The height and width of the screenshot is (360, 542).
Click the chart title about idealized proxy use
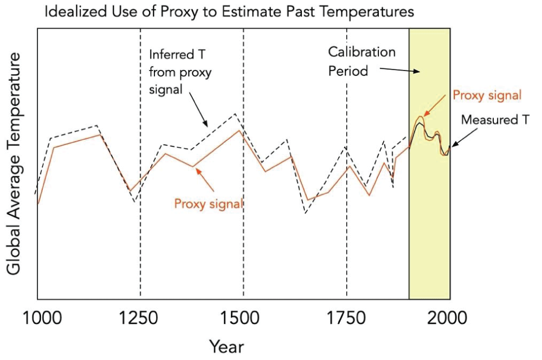point(229,12)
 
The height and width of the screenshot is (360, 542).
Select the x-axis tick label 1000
point(37,318)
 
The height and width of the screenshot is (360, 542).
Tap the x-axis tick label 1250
point(140,318)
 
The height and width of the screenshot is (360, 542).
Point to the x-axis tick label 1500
point(243,318)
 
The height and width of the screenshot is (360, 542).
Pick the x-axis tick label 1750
point(347,318)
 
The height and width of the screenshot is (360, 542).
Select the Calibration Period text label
point(362,62)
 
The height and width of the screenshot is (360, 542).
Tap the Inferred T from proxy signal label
point(180,72)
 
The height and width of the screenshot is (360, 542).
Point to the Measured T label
point(494,120)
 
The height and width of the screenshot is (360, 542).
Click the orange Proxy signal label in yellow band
point(487,95)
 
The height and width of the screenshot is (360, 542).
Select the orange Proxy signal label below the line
point(209,204)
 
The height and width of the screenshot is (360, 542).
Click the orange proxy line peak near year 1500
point(240,130)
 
